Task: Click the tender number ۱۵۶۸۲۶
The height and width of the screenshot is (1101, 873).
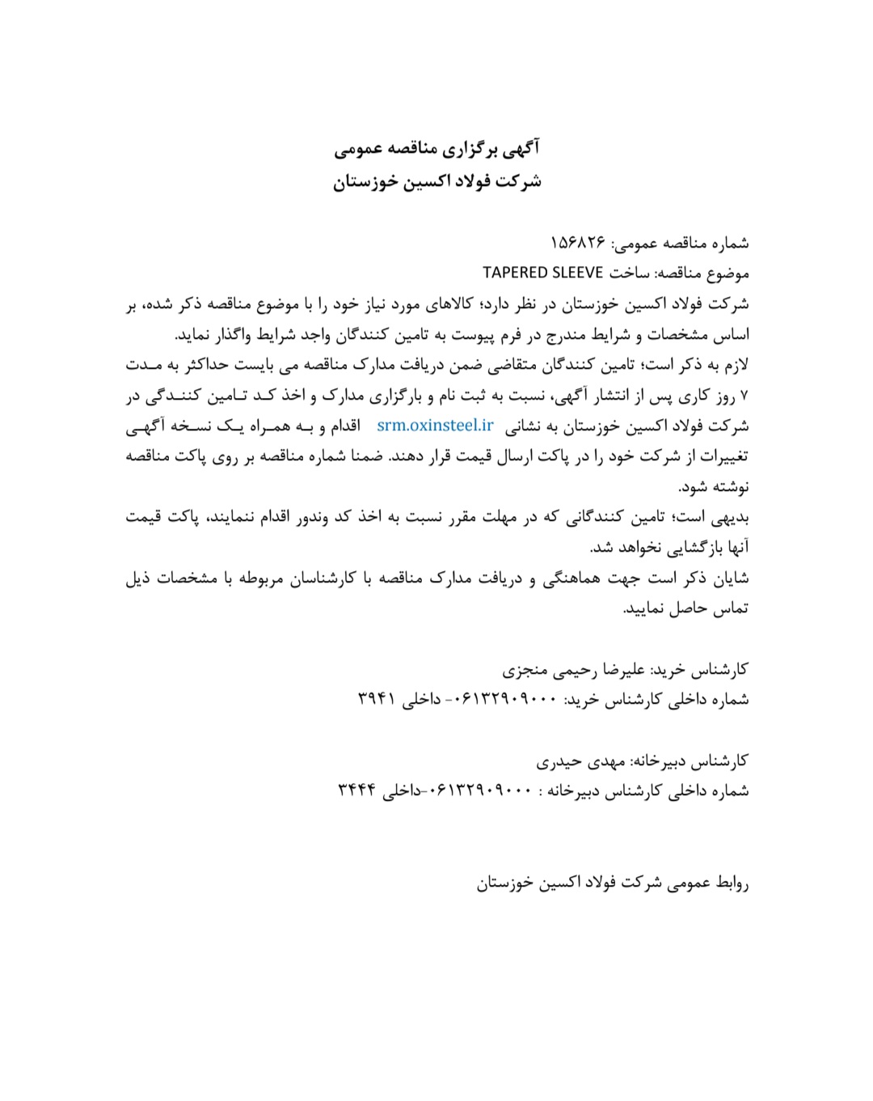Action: point(578,242)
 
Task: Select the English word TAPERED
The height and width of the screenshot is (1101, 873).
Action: point(517,273)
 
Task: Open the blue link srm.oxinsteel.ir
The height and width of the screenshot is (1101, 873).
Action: point(435,425)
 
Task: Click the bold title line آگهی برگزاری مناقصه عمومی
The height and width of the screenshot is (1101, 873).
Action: point(436,149)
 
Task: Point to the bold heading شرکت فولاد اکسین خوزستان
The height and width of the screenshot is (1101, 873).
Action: point(436,181)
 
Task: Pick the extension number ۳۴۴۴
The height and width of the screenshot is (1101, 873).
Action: point(357,790)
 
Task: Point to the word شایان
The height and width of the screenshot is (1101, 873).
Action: point(729,578)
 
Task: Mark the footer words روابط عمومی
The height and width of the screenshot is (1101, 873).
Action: point(709,883)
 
